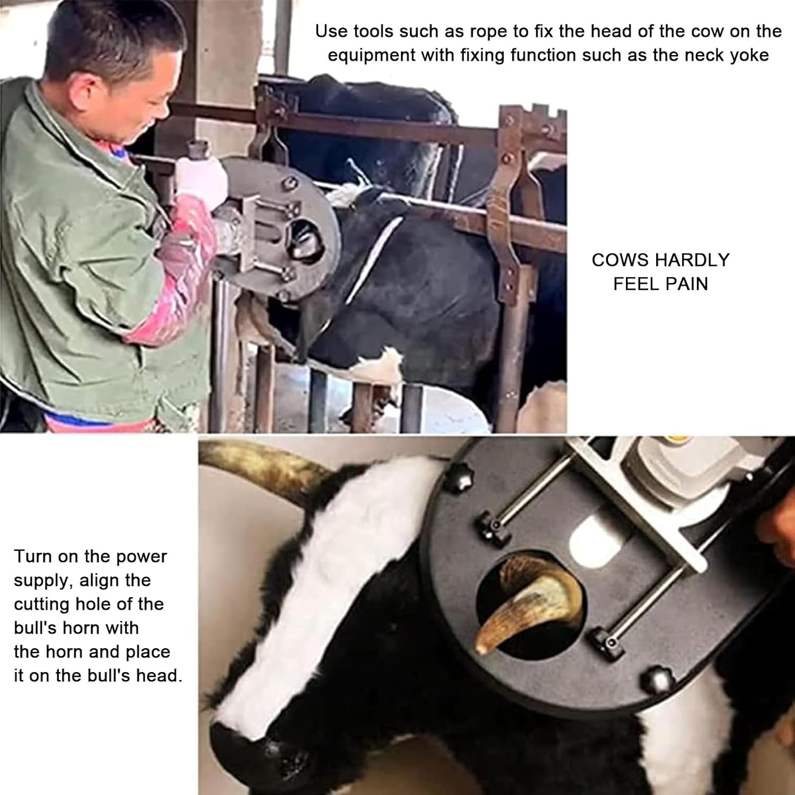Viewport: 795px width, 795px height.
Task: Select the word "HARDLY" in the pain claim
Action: pos(692,260)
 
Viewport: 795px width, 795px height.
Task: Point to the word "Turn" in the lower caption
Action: pos(32,556)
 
